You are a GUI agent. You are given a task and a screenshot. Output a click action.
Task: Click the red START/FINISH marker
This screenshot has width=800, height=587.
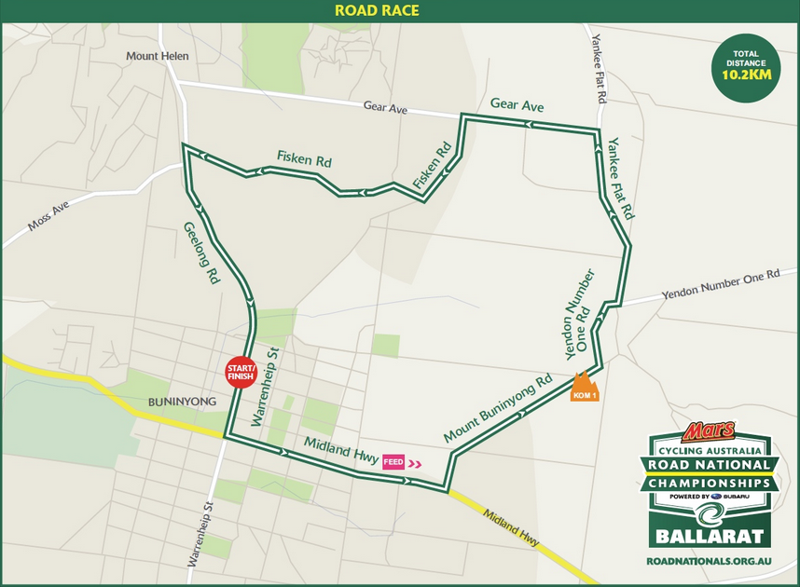pyautogui.click(x=241, y=373)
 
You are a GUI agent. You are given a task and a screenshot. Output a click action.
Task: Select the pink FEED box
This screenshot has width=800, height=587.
pyautogui.click(x=393, y=461)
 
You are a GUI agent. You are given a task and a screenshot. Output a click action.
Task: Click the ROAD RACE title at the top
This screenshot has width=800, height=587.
pyautogui.click(x=377, y=11)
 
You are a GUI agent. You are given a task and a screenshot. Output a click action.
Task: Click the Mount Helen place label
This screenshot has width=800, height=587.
pyautogui.click(x=158, y=56)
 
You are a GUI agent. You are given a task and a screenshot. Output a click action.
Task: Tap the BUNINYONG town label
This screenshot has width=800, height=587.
pyautogui.click(x=183, y=402)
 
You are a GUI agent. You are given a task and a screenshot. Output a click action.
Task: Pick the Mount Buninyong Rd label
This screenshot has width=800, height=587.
pyautogui.click(x=498, y=409)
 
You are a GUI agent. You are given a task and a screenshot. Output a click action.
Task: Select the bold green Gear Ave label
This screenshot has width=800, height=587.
pyautogui.click(x=517, y=106)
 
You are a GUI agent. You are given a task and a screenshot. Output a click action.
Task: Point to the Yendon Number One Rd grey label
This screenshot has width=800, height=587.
pyautogui.click(x=719, y=286)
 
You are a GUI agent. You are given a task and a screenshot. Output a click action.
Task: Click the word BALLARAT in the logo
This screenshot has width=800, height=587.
pyautogui.click(x=709, y=537)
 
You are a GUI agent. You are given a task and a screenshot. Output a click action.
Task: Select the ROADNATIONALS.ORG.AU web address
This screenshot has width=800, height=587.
pyautogui.click(x=709, y=563)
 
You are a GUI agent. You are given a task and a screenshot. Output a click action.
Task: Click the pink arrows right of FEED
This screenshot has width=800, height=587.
pyautogui.click(x=414, y=462)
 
